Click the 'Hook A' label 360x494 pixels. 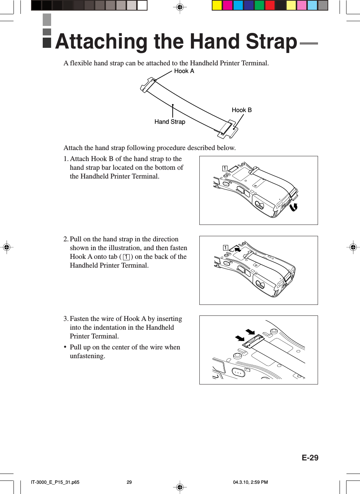184,71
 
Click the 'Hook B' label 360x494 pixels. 241,110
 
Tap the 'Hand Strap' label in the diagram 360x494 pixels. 170,122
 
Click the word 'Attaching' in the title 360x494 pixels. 102,42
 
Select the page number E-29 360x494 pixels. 310,458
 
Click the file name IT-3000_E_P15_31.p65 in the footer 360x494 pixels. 55,482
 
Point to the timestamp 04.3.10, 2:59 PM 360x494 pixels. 250,482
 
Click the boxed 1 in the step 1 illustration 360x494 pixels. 225,168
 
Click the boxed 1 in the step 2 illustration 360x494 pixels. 226,248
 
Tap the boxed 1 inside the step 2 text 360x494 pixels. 126,257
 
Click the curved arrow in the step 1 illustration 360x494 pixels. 294,207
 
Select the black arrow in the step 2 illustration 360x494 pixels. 237,250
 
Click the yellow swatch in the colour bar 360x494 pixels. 217,5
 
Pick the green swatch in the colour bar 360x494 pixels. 259,5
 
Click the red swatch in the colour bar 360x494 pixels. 270,5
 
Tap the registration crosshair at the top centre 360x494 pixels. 180,7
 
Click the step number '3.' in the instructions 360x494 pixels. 66,319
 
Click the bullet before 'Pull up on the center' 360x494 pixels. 65,347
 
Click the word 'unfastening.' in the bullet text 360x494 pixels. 87,356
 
